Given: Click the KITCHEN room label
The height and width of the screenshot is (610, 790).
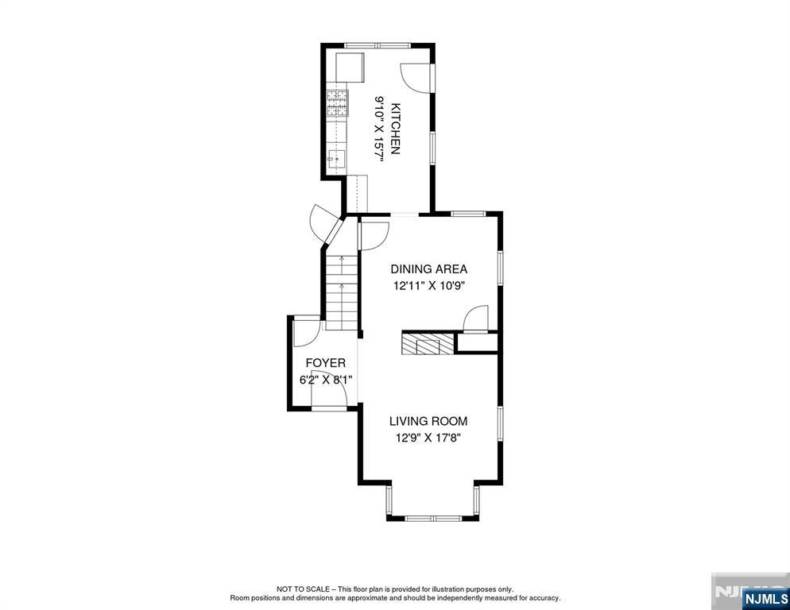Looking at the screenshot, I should pos(395,128).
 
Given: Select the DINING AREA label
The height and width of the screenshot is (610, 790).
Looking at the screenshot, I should pos(428,269).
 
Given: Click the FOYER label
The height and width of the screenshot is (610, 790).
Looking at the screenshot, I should pos(326,363).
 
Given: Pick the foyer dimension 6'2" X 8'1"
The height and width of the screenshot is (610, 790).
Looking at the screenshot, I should pos(326,380).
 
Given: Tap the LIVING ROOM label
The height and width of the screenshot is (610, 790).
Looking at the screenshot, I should pos(428,421).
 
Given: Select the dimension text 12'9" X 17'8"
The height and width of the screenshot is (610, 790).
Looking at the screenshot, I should pos(428,438).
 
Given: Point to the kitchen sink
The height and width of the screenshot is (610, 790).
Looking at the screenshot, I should pos(335,160).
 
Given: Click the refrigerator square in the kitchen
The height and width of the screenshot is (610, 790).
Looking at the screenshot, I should pos(350,68).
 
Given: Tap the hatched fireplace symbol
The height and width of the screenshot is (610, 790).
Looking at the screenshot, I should pos(426,343).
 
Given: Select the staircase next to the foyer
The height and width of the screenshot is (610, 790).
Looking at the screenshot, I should pos(342,292).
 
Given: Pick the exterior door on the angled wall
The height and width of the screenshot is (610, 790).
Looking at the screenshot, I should pos(324,223).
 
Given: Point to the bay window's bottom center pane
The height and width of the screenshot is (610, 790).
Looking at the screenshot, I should pos(432,519).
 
